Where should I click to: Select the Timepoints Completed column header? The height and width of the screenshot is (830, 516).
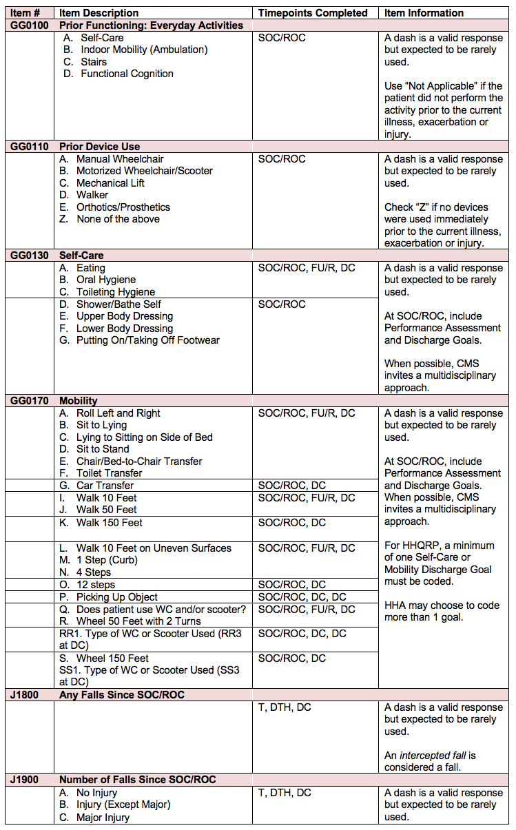(x=313, y=13)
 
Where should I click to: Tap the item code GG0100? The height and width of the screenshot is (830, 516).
(x=29, y=25)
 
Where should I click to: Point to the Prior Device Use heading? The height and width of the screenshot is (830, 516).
(x=99, y=146)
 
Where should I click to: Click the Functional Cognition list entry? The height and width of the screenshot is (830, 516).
(x=127, y=74)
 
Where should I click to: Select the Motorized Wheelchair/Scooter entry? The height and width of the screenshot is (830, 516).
(x=144, y=171)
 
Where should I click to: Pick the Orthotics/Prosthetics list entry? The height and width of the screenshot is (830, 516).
(x=123, y=207)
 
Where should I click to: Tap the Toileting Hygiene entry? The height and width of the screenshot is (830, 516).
(x=115, y=292)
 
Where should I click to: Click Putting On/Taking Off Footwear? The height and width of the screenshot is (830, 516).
(x=148, y=340)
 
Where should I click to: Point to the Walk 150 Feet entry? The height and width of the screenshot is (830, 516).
(x=109, y=523)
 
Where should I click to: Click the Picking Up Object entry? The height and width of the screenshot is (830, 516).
(x=116, y=597)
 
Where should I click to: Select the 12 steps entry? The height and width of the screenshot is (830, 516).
(x=96, y=585)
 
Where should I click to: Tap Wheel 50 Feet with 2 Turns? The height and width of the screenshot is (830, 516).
(x=138, y=621)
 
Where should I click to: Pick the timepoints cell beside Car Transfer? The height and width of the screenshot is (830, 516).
(x=292, y=486)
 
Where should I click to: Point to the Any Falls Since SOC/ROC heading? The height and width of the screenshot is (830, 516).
(x=122, y=695)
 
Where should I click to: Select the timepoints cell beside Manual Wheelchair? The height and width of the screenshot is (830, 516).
(x=282, y=159)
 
